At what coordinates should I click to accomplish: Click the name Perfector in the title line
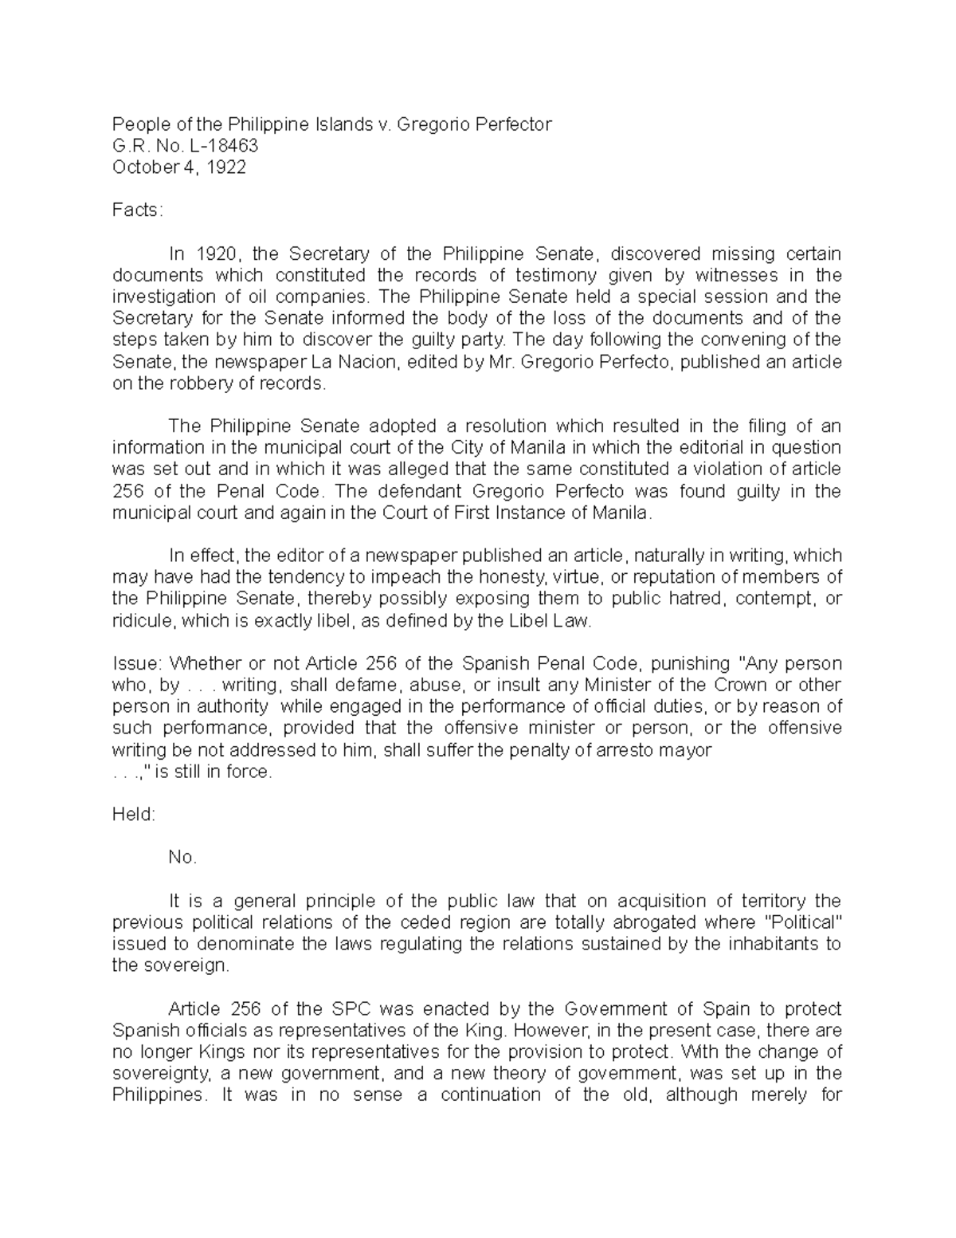click(x=513, y=124)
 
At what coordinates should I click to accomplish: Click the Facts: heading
click(x=137, y=210)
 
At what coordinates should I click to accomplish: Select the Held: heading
click(x=134, y=815)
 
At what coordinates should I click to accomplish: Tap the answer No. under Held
click(x=182, y=858)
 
